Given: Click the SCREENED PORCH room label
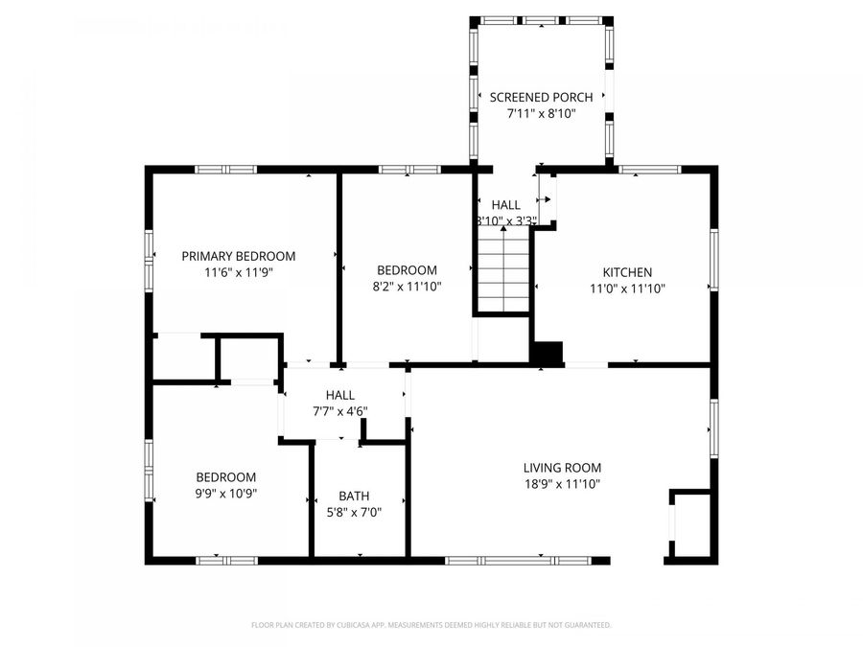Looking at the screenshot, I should click(x=542, y=97).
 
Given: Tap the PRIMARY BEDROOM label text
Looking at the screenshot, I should click(x=239, y=256).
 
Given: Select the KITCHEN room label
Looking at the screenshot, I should click(x=627, y=272).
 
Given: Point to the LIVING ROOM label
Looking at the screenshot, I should click(x=562, y=468).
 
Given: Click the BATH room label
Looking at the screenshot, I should click(x=354, y=497).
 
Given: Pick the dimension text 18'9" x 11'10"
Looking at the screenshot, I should click(x=562, y=484).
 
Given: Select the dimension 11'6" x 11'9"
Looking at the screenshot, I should click(x=239, y=272).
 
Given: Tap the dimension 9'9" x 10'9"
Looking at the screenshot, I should click(x=226, y=494).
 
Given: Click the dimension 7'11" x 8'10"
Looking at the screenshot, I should click(x=542, y=113).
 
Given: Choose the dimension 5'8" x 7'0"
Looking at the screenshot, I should click(x=354, y=513).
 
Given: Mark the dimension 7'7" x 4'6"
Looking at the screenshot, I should click(x=339, y=411).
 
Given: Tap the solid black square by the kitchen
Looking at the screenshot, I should click(x=548, y=353).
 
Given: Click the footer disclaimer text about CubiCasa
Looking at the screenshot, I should click(x=431, y=625).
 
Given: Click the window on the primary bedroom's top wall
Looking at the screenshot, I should click(x=225, y=170).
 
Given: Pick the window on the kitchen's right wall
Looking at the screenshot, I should click(x=712, y=260).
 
